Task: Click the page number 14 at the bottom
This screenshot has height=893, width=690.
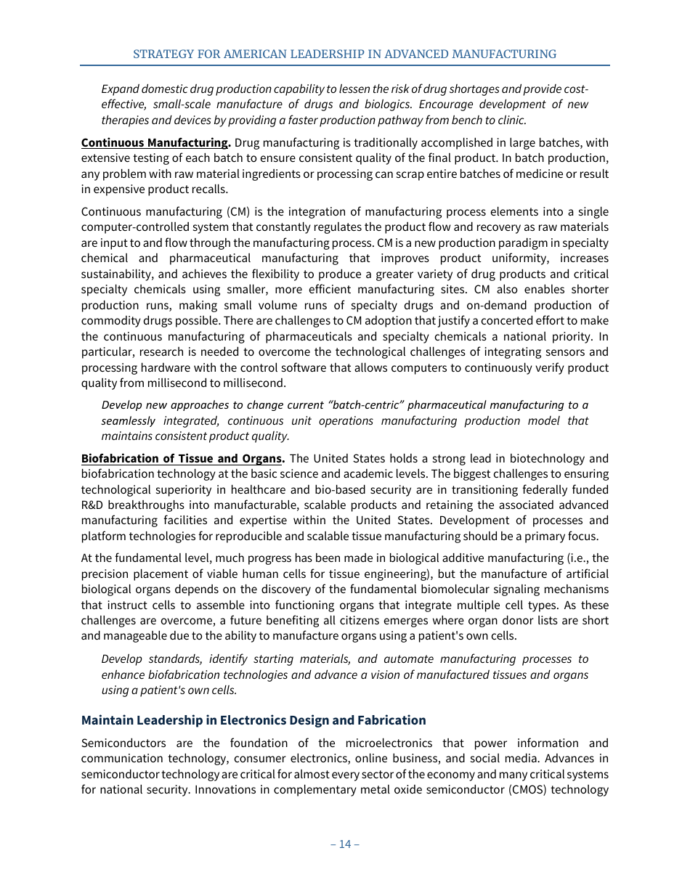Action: (x=344, y=844)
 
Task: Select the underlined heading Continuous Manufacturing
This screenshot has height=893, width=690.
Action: (x=155, y=142)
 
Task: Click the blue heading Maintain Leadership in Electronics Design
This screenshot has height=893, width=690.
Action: (x=253, y=720)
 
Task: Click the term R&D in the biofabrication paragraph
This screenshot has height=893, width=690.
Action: (x=94, y=505)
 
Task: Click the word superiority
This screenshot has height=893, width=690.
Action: (x=187, y=489)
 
